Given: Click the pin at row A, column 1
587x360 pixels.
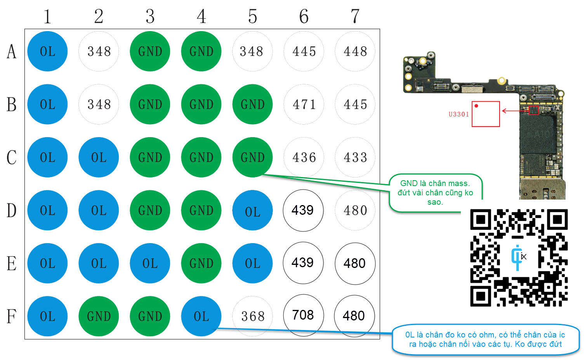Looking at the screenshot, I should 47,51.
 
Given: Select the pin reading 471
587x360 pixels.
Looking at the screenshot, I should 304,104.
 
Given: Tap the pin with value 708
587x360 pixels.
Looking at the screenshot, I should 303,315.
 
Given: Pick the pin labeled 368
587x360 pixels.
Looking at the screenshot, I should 253,316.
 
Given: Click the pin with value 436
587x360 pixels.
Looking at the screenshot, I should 304,157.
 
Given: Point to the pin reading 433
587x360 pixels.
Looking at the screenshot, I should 355,157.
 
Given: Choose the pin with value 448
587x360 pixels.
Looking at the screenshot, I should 355,51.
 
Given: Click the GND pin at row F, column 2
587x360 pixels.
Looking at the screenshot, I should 99,316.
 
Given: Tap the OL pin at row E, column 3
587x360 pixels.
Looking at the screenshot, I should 150,263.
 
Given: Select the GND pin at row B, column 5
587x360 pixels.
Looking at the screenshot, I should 252,104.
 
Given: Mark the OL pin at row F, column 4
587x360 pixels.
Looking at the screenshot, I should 201,316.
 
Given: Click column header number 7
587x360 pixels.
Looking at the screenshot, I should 355,16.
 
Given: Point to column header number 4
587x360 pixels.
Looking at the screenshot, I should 201,16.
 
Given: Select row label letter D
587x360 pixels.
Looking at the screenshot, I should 12,210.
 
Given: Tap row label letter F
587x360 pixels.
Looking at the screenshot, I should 12,316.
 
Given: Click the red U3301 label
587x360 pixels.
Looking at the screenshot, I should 458,114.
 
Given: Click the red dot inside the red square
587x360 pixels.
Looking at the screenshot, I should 476,106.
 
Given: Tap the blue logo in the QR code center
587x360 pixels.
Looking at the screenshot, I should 517,257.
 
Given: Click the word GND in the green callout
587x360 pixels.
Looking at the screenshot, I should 409,183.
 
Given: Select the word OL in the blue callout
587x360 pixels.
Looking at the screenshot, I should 410,335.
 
